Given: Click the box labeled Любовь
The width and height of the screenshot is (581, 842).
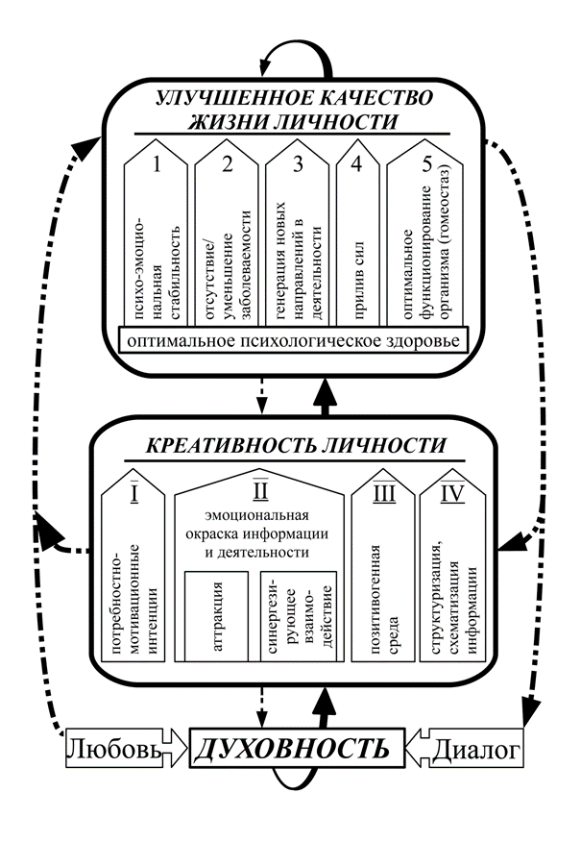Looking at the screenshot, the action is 113,749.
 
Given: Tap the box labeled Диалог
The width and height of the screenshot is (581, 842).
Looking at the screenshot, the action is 477,749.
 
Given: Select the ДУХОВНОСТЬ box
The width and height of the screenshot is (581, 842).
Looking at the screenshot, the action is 297,748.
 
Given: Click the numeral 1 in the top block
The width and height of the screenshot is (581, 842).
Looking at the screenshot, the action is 157,163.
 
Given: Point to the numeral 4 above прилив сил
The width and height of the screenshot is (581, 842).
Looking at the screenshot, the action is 356,163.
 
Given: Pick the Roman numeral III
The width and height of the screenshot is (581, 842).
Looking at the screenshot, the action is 384,493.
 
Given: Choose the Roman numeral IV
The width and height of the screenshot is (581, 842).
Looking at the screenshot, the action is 452,493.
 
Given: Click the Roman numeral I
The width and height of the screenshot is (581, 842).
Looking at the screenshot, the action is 134,493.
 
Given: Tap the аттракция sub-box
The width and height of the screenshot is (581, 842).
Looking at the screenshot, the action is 217,616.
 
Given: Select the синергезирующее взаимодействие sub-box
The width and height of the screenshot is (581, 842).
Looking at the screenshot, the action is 299,616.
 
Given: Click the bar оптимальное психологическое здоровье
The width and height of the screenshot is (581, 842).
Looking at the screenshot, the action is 294,340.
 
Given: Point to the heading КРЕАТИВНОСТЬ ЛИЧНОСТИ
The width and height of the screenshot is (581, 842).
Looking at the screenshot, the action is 296,445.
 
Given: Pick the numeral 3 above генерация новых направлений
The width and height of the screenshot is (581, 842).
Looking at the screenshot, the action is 298,163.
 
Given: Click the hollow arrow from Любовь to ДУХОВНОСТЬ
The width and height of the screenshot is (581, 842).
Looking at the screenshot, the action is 176,748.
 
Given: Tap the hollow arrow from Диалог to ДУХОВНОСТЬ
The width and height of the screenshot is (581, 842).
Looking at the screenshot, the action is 418,748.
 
